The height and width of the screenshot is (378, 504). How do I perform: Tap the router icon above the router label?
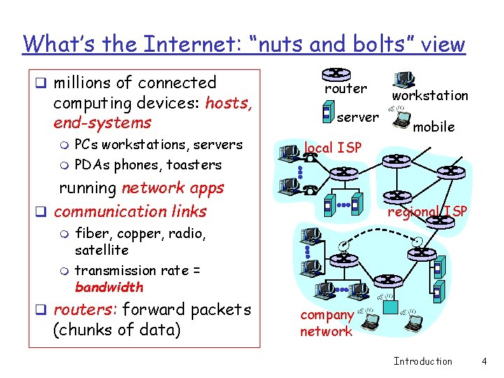tap(336, 73)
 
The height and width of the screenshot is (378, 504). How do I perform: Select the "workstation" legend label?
tap(430, 95)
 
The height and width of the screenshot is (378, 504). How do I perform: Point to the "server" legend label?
tap(358, 117)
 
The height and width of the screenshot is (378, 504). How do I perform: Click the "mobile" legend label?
tap(433, 127)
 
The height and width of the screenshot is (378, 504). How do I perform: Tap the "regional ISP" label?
tap(427, 211)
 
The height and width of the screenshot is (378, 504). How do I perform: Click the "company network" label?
tap(326, 323)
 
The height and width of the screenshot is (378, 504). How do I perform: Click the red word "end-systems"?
tap(102, 122)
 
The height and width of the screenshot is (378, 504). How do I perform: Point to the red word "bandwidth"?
tap(108, 287)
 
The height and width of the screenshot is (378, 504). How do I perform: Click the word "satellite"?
tap(101, 250)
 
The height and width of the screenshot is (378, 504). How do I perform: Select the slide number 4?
tap(484, 361)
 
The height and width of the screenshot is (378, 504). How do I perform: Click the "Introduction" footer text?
tap(423, 361)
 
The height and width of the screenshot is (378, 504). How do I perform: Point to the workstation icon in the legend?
tap(405, 80)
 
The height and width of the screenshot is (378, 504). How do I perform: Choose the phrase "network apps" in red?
tap(173, 188)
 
